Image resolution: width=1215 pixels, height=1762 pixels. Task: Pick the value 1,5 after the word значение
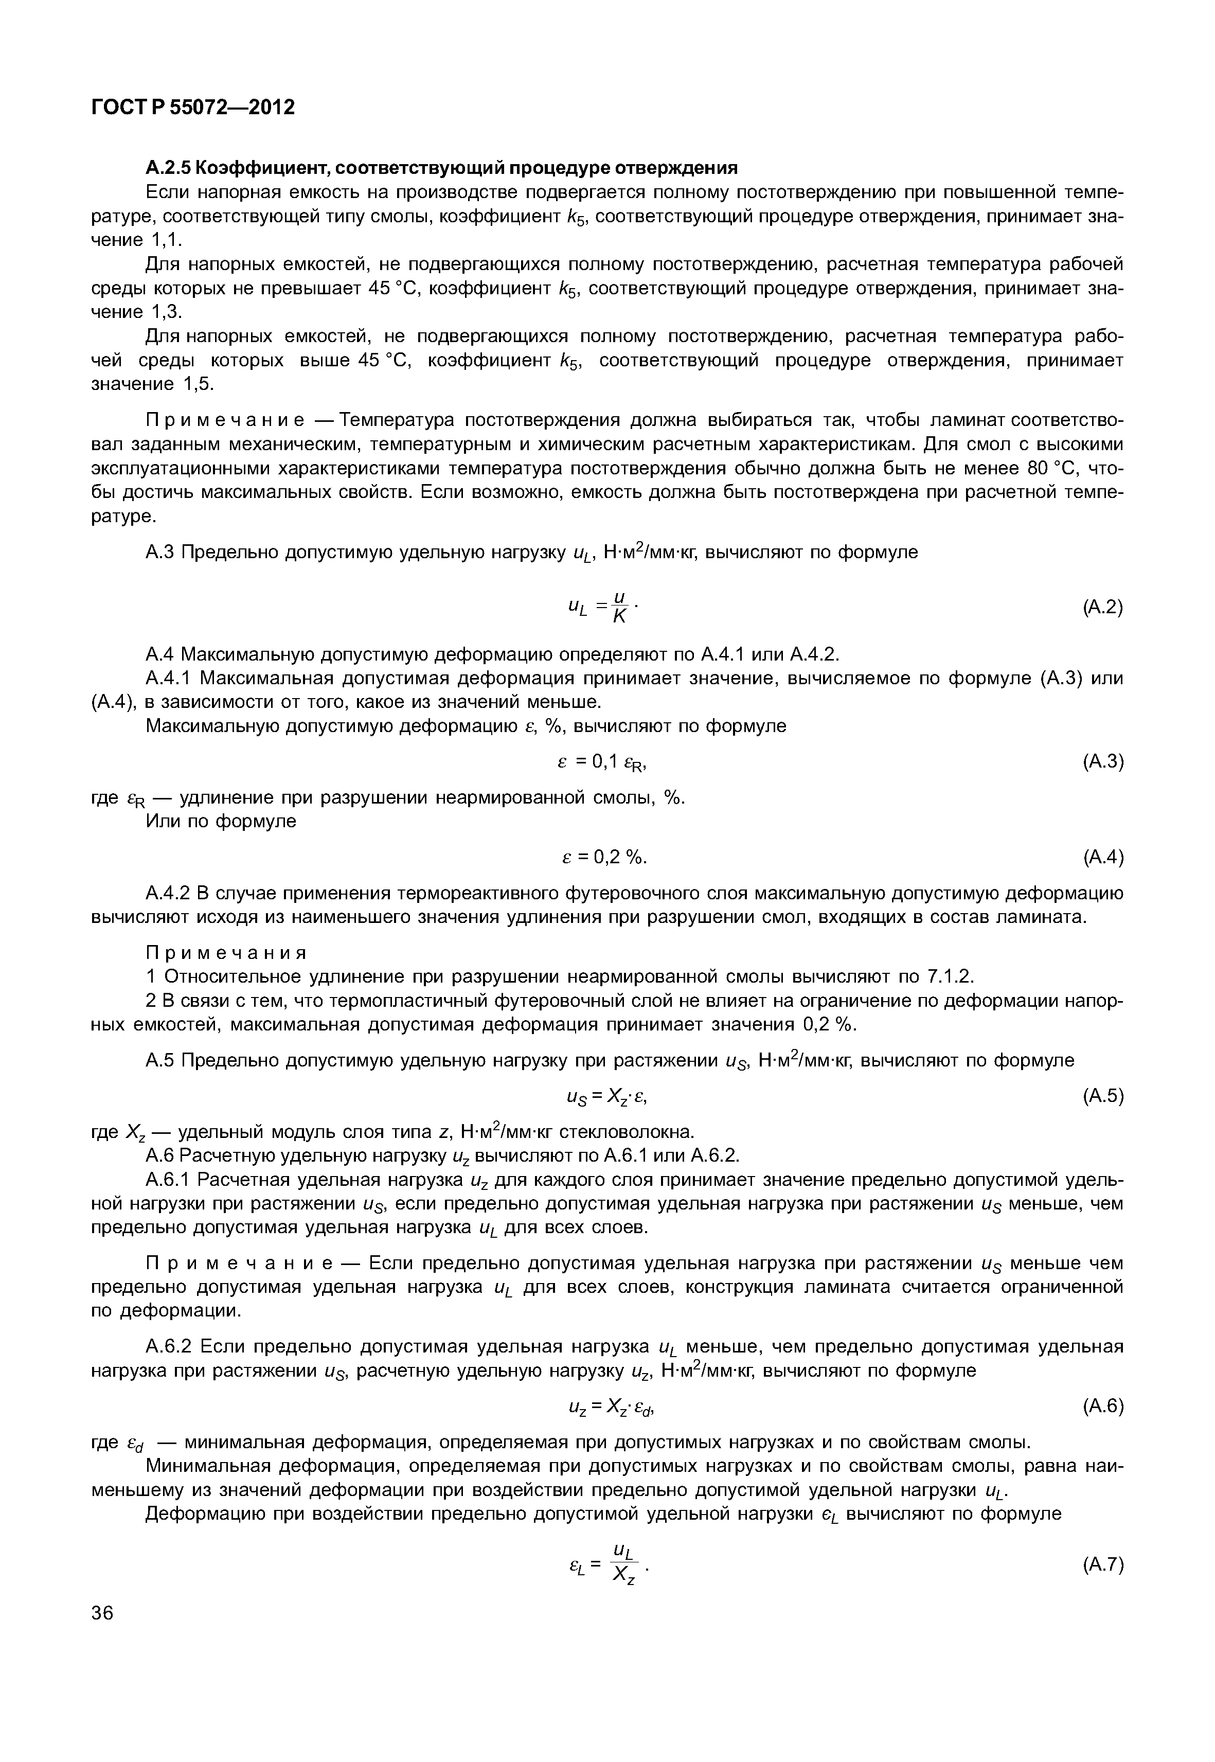198,384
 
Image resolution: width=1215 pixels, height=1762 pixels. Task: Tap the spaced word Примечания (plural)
226,953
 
